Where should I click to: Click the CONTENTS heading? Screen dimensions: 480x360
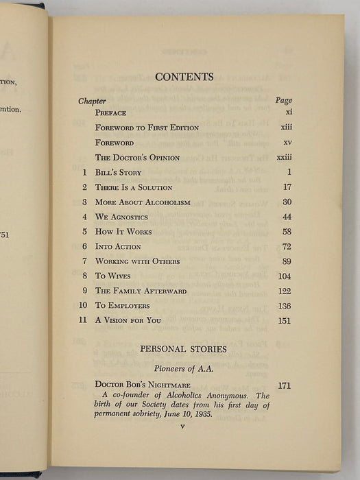tap(184, 77)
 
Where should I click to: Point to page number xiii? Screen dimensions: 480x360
tap(284, 128)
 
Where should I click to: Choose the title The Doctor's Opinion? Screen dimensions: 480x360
tap(137, 158)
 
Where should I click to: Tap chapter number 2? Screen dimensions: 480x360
tap(84, 187)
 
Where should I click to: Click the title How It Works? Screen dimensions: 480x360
tap(123, 232)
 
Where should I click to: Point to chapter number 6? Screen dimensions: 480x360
tap(84, 246)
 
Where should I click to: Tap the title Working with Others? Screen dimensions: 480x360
tap(137, 261)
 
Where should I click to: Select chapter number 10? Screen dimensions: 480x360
tap(82, 306)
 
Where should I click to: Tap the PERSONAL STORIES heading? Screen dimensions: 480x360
tap(183, 350)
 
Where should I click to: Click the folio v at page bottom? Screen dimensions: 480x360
tap(182, 427)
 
